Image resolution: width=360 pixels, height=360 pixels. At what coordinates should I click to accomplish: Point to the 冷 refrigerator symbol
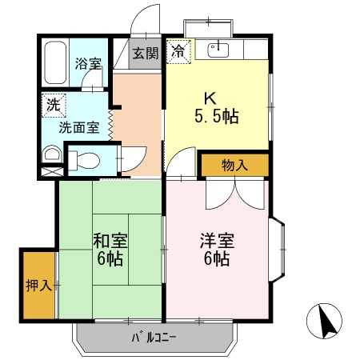coord(178,50)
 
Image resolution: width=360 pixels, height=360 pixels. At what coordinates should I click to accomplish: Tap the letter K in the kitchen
coord(210,98)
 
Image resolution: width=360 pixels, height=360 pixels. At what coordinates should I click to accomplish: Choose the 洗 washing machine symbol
coord(52,103)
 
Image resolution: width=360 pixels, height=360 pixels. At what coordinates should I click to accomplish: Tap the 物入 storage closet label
coord(234,166)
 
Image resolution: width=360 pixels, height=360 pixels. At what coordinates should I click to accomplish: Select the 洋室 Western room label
coord(216,241)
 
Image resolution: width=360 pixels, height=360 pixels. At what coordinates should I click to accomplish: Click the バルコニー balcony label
coord(154,338)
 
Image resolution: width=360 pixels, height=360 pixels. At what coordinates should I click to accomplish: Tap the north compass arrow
coord(325,322)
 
